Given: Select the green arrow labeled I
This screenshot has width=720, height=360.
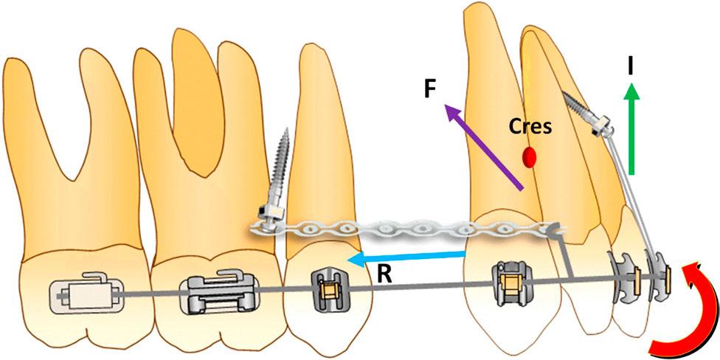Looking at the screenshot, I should coord(631,133).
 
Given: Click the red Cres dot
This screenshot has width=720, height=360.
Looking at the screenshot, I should coord(529,156).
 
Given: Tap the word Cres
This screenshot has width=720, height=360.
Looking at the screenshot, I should coord(530,127).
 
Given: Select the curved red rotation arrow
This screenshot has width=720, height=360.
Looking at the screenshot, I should coord(682,310).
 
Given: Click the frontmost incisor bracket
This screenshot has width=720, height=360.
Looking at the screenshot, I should coord(655,273).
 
